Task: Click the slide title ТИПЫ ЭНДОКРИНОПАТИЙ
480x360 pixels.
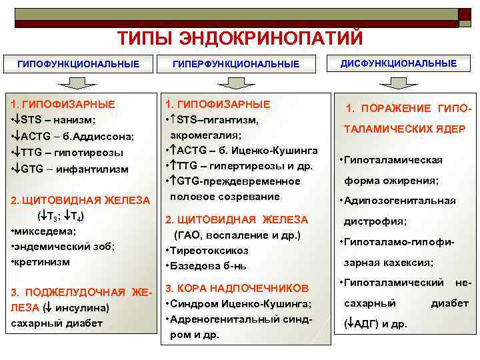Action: (x=240, y=39)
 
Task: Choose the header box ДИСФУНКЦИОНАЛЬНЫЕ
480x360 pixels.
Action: (x=399, y=63)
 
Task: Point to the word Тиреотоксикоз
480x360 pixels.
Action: (x=209, y=251)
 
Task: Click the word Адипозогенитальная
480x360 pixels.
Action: (x=400, y=201)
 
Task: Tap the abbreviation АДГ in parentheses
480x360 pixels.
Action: (x=367, y=325)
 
